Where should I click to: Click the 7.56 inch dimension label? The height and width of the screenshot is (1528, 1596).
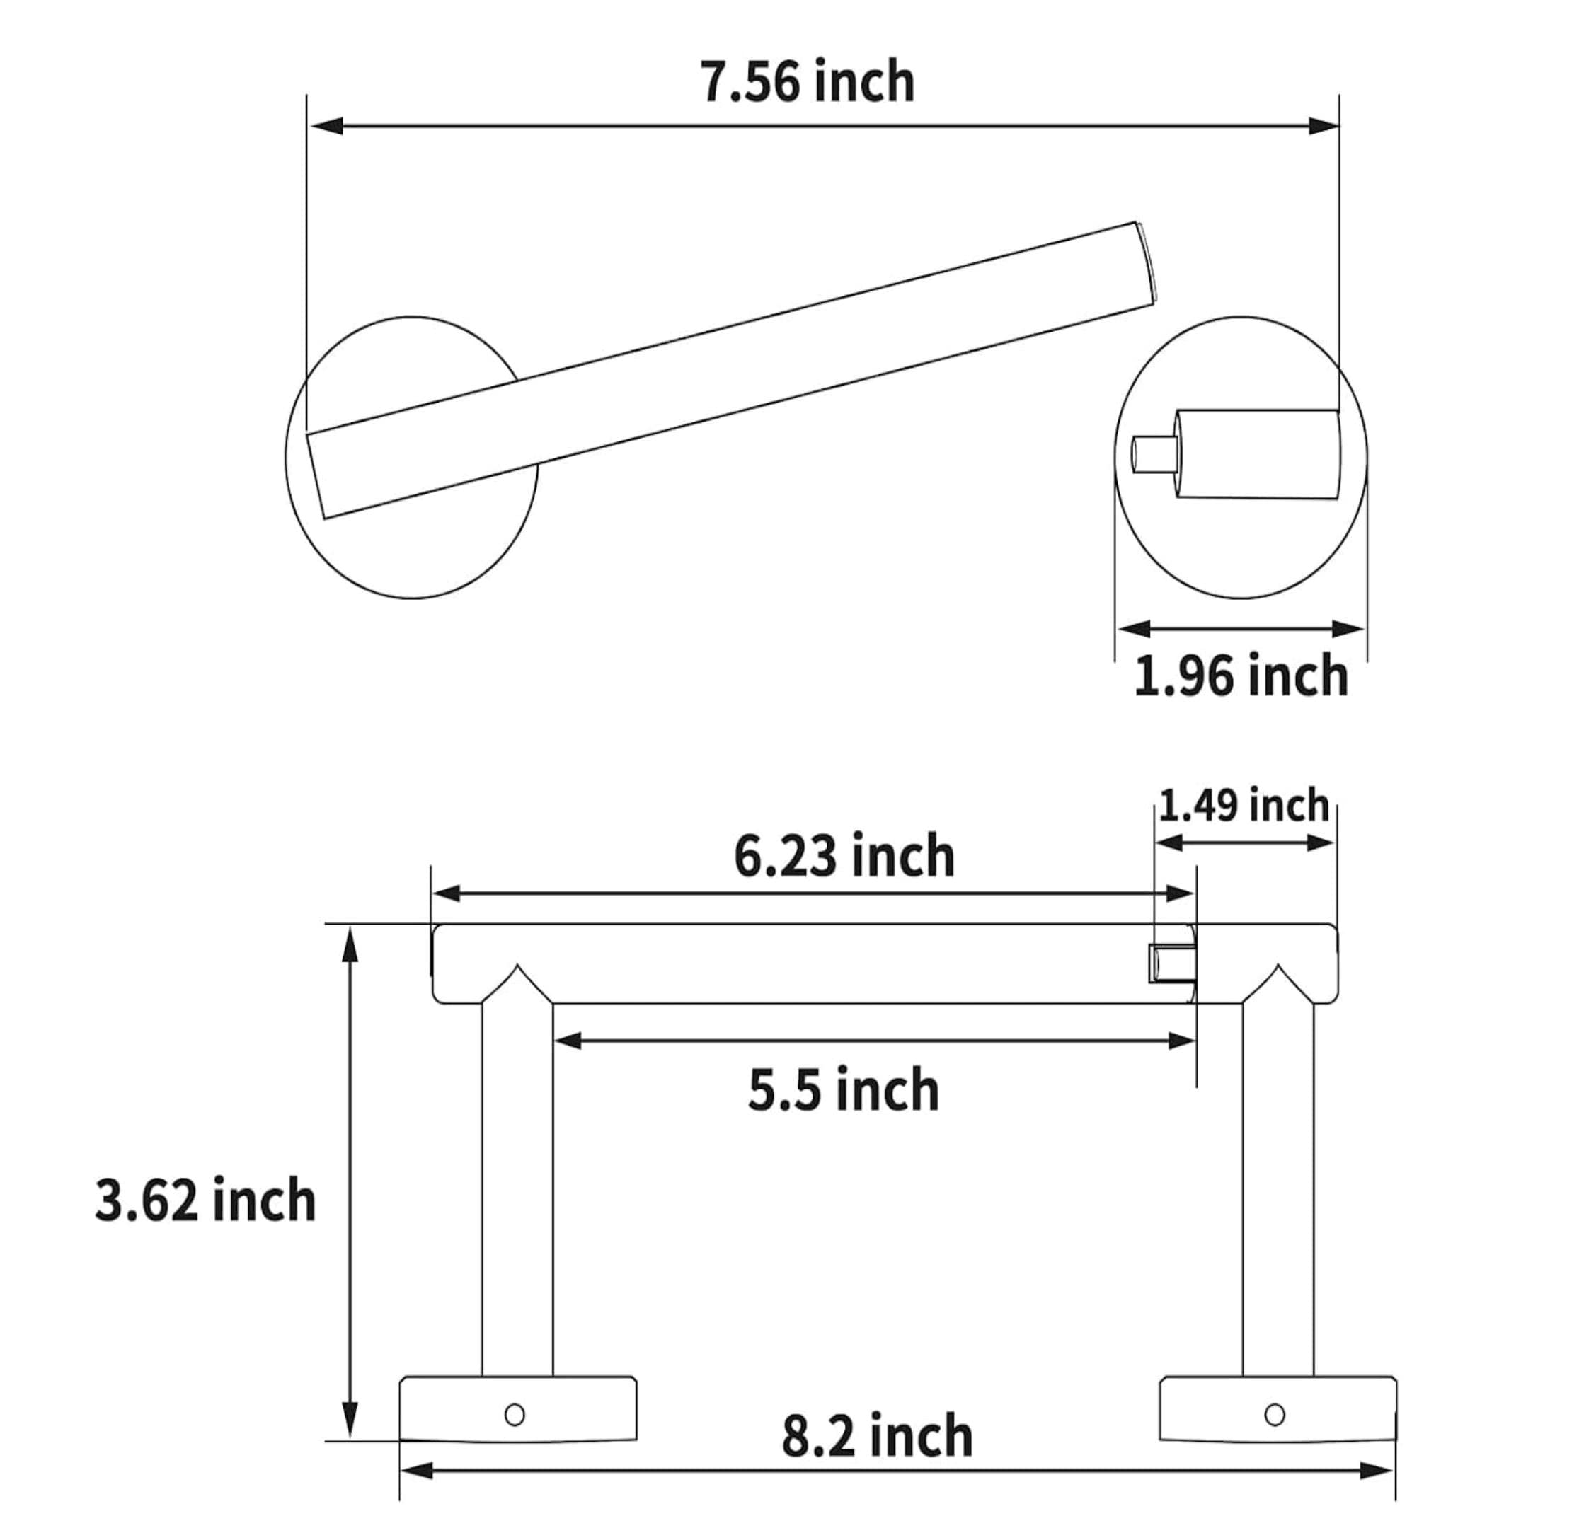(807, 82)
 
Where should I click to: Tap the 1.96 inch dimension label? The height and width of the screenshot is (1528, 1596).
(1240, 676)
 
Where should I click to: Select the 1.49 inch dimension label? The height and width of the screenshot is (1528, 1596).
(1244, 806)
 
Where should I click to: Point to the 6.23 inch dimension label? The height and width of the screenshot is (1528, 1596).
(844, 857)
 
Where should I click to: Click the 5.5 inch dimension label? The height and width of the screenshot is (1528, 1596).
(843, 1091)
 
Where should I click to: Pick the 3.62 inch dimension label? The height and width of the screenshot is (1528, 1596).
(205, 1200)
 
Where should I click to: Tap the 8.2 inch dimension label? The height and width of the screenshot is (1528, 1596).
(877, 1437)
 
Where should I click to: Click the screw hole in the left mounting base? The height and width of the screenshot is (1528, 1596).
(514, 1414)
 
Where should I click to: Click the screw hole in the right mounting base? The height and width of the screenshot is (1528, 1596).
(1275, 1414)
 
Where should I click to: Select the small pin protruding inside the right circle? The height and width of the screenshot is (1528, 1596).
(1154, 454)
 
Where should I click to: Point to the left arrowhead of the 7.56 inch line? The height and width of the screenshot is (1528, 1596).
(325, 126)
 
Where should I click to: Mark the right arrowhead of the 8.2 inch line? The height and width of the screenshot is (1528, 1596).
(1377, 1471)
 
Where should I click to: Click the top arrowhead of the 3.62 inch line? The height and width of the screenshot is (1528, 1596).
(350, 944)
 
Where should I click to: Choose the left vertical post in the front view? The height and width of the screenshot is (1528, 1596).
(517, 1188)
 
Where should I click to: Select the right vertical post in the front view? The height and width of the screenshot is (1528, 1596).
(1278, 1188)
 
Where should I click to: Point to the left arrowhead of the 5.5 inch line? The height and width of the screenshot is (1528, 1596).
(568, 1041)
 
